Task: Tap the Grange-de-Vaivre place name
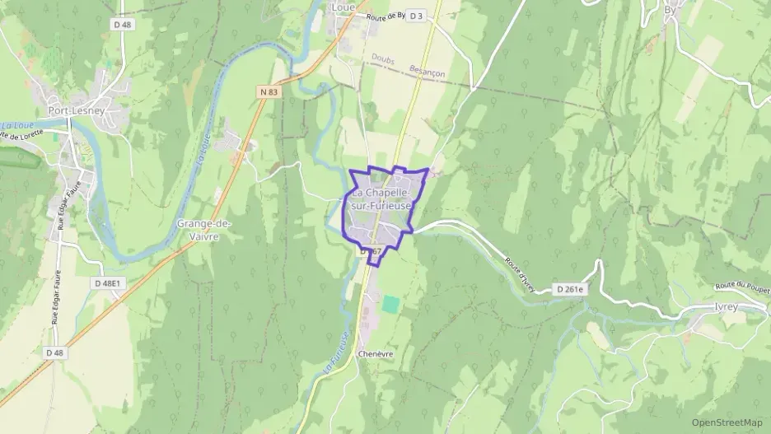coord(204,229)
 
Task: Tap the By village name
coord(670,10)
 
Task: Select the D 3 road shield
coord(416,16)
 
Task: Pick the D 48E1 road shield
coord(107,283)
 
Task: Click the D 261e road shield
coord(569,289)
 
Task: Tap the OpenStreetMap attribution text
coord(727,422)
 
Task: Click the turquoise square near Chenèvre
coord(390,304)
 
